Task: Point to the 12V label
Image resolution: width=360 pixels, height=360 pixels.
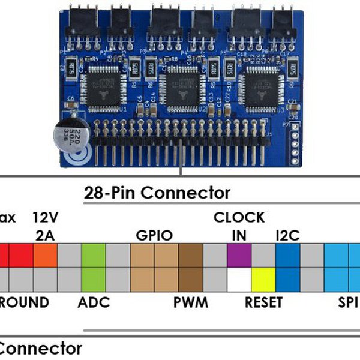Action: pos(45,217)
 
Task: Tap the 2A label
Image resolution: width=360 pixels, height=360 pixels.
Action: pos(45,236)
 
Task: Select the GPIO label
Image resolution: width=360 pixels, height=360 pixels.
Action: pos(154,236)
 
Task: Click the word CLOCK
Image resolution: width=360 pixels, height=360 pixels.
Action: pos(239,217)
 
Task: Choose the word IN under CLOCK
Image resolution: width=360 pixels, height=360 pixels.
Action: pos(239,236)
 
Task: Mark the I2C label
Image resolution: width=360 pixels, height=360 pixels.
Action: pos(287,236)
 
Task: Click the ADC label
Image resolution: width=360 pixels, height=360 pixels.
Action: pos(94,302)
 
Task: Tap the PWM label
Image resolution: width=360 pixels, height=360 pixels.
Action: pos(190,302)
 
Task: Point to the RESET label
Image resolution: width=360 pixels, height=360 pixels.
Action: pos(263,302)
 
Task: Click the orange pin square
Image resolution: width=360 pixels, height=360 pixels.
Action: pos(45,255)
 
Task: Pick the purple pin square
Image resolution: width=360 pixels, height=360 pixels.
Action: pos(239,255)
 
